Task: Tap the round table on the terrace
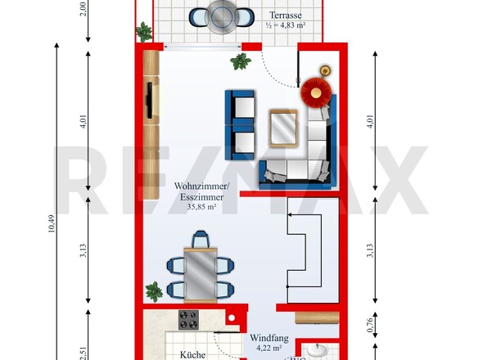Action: pos(221,16)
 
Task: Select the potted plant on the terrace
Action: pos(144,32)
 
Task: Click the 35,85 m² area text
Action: pos(201,207)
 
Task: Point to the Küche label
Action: pos(192,354)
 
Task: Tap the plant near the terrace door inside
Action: pos(241,61)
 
